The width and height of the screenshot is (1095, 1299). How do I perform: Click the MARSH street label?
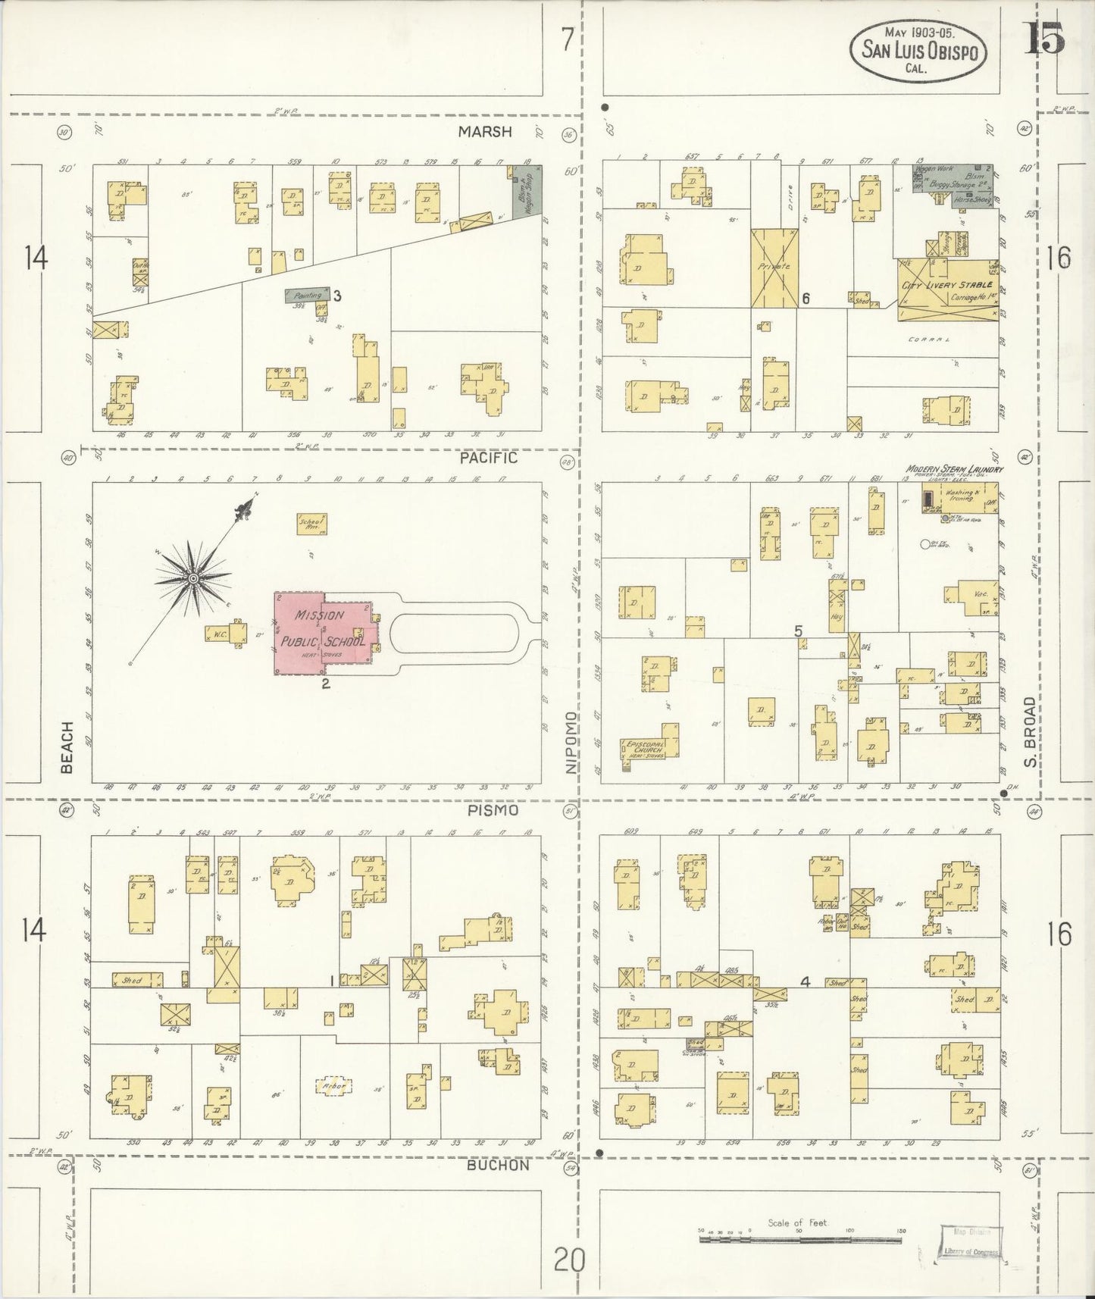(485, 132)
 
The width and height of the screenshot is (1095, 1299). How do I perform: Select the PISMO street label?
(493, 810)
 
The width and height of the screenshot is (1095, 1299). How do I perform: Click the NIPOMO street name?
(571, 743)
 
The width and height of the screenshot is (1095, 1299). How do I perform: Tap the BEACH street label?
(67, 747)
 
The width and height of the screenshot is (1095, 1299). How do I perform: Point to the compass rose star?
(192, 579)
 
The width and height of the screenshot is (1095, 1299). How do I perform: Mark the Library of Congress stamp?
(971, 1242)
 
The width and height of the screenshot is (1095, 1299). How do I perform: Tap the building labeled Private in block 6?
(774, 268)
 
